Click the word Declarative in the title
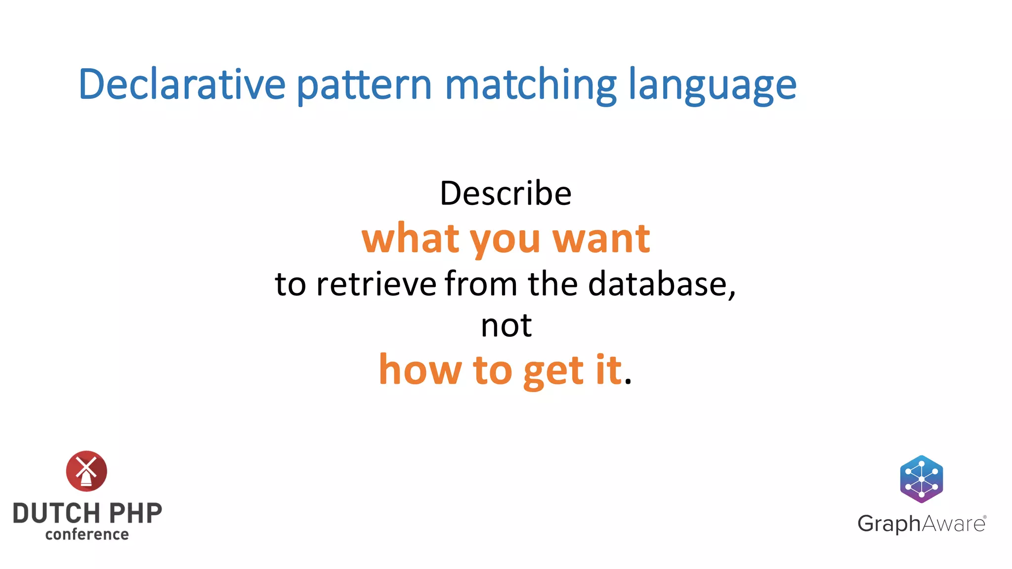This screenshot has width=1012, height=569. [x=182, y=84]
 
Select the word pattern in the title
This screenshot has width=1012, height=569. [x=365, y=85]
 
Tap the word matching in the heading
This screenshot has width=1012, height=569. [x=531, y=85]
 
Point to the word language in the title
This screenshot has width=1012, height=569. [x=712, y=85]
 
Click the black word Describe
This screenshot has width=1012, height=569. [x=506, y=193]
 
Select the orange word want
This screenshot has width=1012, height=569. [x=601, y=239]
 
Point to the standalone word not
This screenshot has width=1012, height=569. [x=506, y=326]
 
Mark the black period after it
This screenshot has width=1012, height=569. [x=628, y=381]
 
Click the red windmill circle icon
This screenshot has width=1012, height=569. [x=86, y=471]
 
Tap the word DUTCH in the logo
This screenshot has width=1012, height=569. [x=57, y=513]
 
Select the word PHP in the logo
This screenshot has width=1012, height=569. [x=135, y=513]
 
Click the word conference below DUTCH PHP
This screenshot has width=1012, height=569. [x=87, y=534]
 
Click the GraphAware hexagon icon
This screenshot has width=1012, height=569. [x=921, y=479]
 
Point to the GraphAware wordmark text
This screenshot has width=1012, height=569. [x=921, y=524]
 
